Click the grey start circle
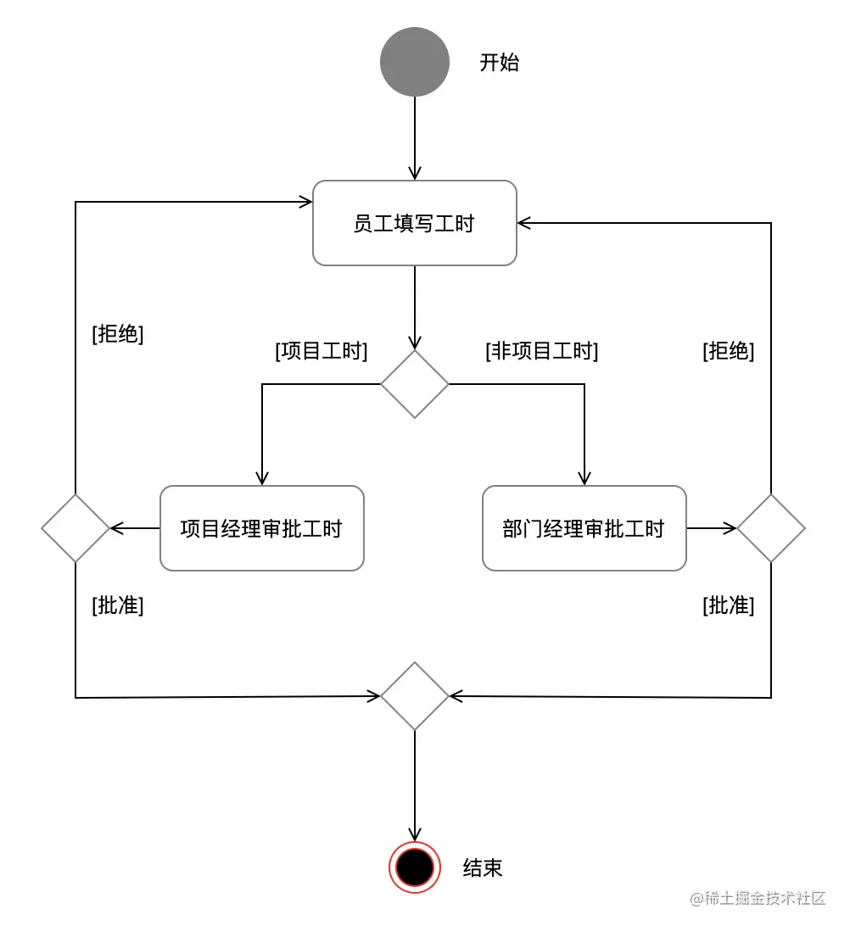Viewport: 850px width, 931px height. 414,61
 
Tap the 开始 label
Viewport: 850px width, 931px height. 499,63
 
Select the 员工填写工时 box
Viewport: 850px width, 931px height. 414,223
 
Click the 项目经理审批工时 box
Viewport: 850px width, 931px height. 261,528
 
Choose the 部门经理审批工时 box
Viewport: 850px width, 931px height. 584,528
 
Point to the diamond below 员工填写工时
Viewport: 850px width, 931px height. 414,384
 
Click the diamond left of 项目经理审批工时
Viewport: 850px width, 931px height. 75,528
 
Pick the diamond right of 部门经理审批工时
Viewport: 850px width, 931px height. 770,528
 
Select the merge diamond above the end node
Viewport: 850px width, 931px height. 414,696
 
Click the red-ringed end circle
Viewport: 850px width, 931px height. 415,867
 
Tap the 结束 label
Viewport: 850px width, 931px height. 483,867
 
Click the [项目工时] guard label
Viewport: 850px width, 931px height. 321,351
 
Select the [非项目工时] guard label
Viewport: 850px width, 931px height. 541,351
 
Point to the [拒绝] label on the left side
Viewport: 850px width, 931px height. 117,334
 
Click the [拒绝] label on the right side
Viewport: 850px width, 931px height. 728,351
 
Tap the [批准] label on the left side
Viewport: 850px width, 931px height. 117,605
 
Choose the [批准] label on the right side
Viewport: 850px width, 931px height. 728,605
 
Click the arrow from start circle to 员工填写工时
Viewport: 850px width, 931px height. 414,137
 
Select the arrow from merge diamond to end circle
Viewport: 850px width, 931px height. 414,784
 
